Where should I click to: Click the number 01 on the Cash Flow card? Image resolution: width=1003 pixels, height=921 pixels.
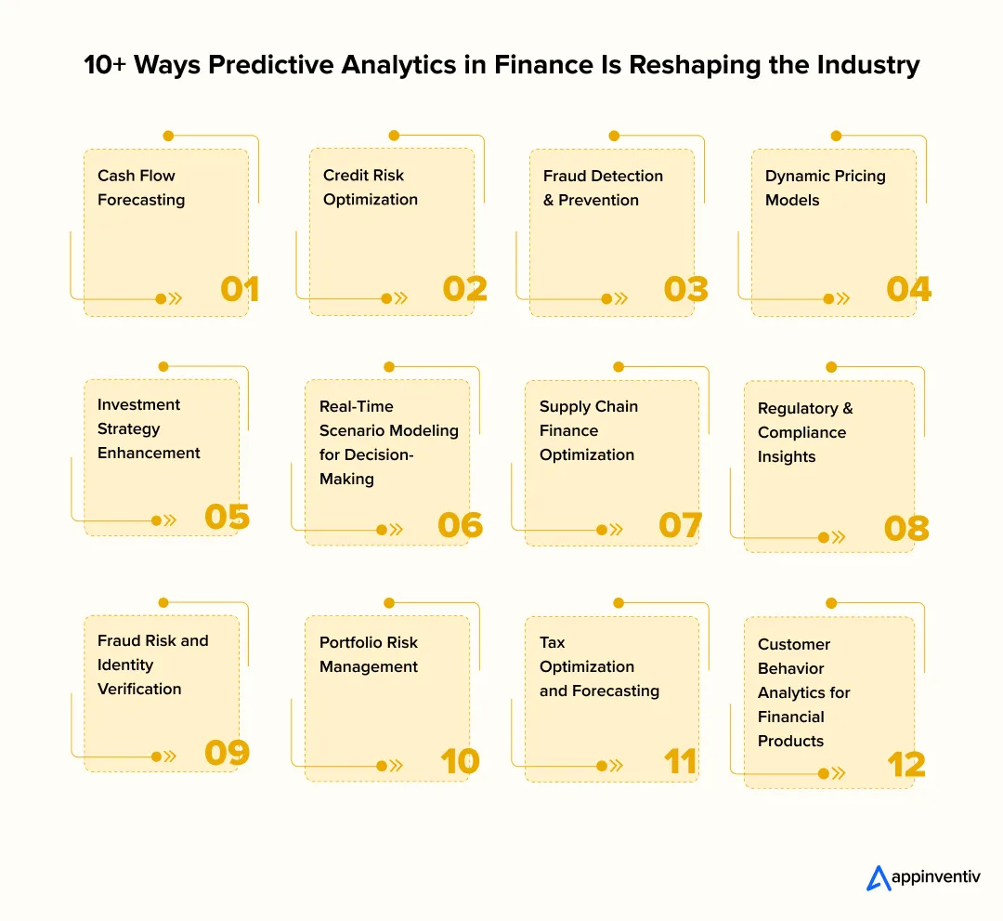click(240, 289)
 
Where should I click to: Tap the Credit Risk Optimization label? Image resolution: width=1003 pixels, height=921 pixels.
click(371, 188)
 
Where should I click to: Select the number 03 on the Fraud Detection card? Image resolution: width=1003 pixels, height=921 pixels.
click(686, 289)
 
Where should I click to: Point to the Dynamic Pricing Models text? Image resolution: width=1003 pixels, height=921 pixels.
click(825, 188)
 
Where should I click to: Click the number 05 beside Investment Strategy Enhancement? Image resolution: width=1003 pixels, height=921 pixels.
click(228, 516)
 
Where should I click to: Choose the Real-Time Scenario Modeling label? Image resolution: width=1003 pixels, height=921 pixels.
click(388, 442)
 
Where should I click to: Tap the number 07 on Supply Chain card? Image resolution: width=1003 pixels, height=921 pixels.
click(680, 525)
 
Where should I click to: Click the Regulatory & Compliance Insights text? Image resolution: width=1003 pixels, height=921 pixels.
click(804, 432)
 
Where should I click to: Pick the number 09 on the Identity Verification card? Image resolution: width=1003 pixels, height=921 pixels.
click(228, 752)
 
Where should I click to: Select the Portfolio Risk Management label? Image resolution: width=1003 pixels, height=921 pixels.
click(369, 654)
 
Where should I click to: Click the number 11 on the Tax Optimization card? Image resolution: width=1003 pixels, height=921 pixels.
click(680, 761)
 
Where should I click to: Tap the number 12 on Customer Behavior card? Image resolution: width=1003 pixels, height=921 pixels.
click(906, 765)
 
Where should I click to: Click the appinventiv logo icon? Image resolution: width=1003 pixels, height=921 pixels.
click(879, 878)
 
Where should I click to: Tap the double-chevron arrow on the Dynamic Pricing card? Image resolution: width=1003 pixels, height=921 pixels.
click(842, 298)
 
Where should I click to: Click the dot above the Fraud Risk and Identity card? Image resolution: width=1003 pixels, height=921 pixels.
click(163, 602)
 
